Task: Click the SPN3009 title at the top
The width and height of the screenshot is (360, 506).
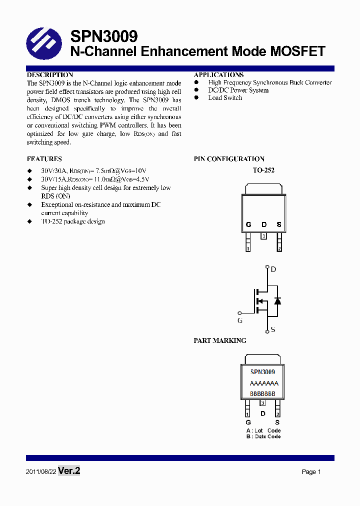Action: pos(103,36)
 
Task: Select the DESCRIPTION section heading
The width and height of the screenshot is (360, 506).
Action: pos(50,74)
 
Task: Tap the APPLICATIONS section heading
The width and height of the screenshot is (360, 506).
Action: pos(218,74)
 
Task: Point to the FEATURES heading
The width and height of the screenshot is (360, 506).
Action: pos(44,159)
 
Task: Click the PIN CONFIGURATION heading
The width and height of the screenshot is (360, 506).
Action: pos(229,159)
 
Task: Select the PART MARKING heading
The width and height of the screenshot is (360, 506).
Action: pos(220,340)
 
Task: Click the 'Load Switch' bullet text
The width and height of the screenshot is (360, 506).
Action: pos(225,98)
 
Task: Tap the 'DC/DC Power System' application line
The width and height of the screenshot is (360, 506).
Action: pos(238,90)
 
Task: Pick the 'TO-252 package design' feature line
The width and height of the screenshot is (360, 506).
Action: pos(73,221)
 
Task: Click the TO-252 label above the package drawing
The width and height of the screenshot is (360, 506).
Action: pos(263,170)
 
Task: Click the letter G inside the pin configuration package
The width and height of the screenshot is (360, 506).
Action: pos(248,225)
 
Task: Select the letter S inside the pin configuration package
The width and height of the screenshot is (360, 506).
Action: pos(279,225)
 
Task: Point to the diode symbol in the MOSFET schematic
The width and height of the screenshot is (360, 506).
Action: pos(277,300)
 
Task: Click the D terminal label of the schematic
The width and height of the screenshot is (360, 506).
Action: pos(273,269)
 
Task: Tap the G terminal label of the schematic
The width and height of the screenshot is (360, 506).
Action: pos(240,320)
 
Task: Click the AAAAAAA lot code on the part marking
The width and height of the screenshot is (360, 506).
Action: pos(263,383)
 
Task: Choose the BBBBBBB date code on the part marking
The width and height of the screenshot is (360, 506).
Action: pos(262,393)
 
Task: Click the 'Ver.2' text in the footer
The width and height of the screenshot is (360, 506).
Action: pos(69,471)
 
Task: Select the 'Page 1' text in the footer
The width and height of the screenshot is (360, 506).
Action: pos(311,472)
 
